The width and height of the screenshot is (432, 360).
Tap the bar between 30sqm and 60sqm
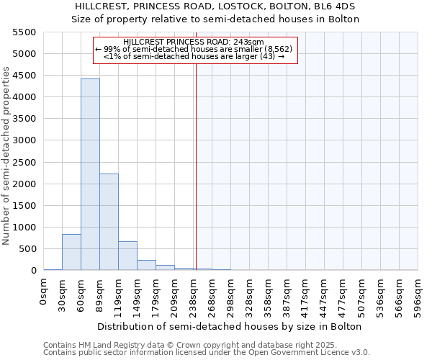[71, 252]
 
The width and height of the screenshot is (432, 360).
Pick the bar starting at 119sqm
[127, 256]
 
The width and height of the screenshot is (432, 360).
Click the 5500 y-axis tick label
[24, 32]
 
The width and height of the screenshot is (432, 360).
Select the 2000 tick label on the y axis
[24, 184]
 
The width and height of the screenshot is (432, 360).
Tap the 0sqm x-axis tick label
[44, 292]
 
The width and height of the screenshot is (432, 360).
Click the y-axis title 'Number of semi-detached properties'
[7, 156]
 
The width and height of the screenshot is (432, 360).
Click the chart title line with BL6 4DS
[215, 6]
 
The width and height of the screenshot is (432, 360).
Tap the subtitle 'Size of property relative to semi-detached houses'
[215, 19]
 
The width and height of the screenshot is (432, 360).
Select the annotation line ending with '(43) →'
[194, 55]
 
